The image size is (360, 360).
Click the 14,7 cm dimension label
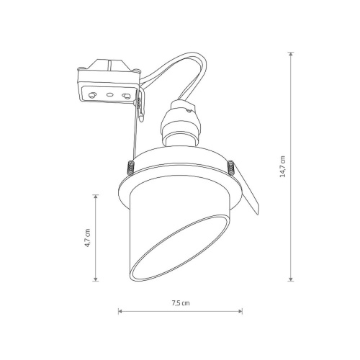(283, 166)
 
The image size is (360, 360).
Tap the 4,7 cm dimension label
(87, 238)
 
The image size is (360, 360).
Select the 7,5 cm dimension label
(181, 303)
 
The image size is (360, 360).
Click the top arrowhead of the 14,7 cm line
(291, 54)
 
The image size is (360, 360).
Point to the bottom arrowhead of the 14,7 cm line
(291, 279)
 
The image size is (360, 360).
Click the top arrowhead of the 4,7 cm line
(96, 197)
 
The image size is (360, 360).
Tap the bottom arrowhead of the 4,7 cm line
(96, 279)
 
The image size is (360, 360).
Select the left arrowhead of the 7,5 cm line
(120, 311)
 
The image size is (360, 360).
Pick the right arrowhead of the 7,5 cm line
(240, 311)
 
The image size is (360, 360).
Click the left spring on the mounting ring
(130, 167)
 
